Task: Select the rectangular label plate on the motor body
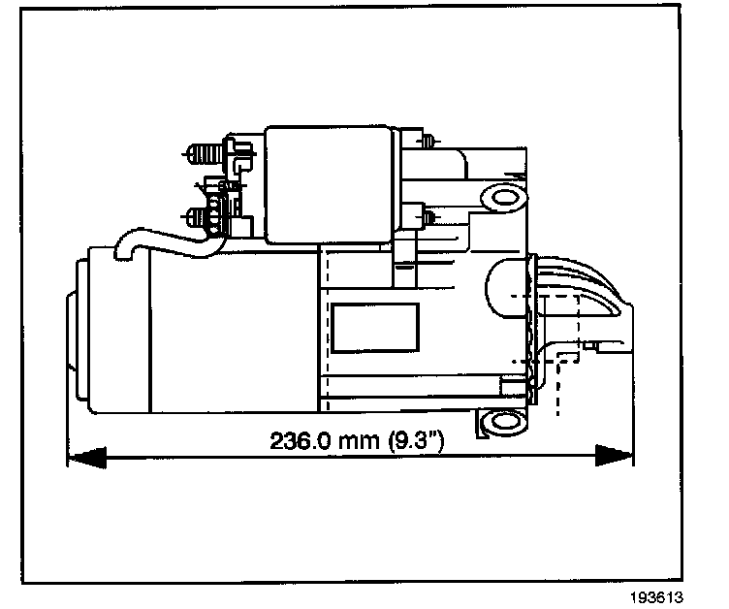point(374,327)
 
